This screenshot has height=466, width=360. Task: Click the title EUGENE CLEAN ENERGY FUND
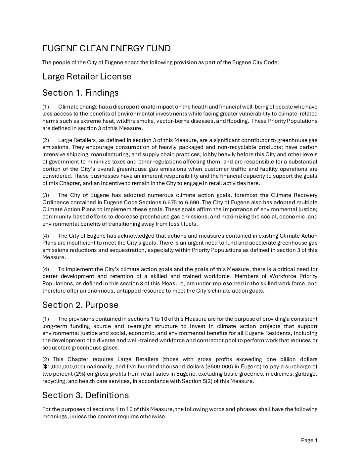[x=106, y=49]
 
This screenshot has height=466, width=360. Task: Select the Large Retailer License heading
[x=87, y=76]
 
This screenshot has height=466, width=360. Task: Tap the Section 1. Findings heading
[x=80, y=93]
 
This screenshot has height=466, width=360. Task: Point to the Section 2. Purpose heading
[x=80, y=304]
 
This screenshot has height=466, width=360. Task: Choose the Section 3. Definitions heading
[x=85, y=395]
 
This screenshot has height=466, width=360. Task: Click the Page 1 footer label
[x=309, y=440]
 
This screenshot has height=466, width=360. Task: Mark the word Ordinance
[x=54, y=202]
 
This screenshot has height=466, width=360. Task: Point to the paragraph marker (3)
[x=46, y=195]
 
